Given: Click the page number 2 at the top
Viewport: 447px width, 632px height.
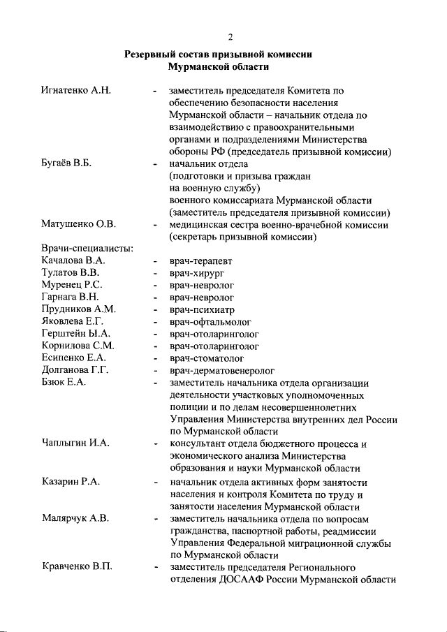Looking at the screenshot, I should pos(230,37).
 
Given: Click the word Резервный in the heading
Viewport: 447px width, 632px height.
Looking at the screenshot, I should pos(150,54).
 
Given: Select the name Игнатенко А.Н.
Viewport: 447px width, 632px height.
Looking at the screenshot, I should pos(77,90).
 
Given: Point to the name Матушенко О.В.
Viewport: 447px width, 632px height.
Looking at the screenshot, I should pos(78,224).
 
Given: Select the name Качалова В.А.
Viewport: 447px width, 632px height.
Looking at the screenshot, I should pos(74,261).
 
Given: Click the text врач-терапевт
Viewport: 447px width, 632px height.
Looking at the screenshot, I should pos(203,261).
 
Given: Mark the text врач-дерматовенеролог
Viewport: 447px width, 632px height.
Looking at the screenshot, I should pos(221,370).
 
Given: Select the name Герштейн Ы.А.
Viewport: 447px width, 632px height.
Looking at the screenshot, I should pos(76,334).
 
